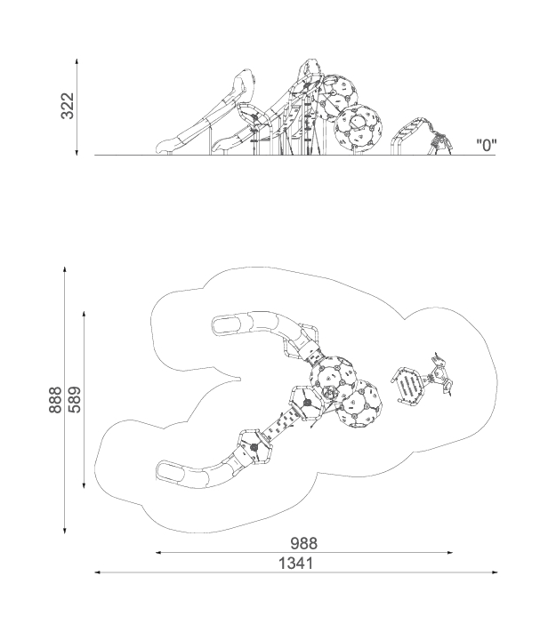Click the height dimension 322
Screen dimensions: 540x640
[x=68, y=106]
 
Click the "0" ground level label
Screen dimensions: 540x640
[x=486, y=145]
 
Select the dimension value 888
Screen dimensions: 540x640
[x=55, y=400]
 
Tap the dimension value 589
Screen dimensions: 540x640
[x=75, y=400]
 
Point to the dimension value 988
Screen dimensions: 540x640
[x=304, y=543]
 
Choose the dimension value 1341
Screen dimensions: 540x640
[x=296, y=564]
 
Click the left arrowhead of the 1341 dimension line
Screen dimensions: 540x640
[x=98, y=572]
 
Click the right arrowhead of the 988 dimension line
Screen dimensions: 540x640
[x=450, y=553]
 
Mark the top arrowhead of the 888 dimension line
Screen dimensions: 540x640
[x=65, y=270]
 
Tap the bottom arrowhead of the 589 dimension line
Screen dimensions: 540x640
[x=84, y=485]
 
